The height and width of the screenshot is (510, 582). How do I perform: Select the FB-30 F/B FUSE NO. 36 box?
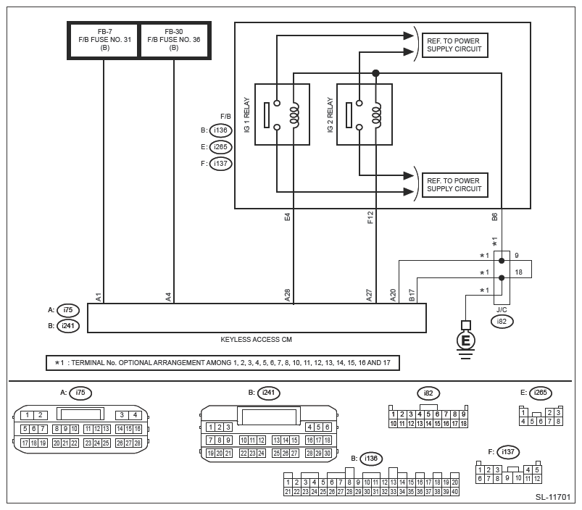point(173,40)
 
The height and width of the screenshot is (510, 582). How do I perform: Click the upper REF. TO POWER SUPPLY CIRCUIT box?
point(454,45)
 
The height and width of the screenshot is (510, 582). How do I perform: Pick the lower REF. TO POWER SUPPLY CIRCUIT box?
point(454,185)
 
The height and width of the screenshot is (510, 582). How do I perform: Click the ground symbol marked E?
point(466,339)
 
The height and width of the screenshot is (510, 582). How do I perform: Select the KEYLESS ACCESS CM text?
point(257,339)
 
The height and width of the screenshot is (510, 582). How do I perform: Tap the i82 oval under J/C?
point(502,320)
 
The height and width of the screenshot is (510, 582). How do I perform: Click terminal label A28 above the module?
point(288,295)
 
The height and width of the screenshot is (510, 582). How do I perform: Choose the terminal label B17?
point(412,295)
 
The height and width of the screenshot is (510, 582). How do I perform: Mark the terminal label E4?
point(288,216)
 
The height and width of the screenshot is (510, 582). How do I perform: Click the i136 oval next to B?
point(221,131)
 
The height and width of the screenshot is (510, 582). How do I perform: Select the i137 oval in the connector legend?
point(510,451)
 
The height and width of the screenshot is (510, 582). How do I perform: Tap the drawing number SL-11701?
point(554,498)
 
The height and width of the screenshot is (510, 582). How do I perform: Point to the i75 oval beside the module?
point(68,310)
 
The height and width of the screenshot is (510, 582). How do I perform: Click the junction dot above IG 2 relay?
point(375,73)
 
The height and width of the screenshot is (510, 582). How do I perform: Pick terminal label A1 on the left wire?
point(98,296)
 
